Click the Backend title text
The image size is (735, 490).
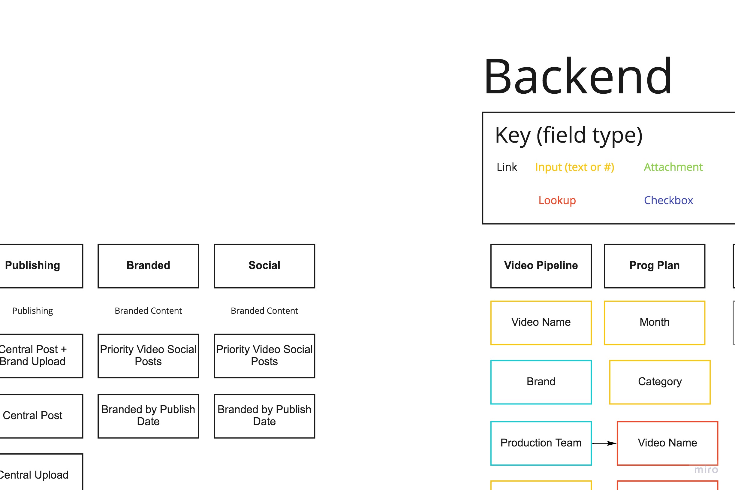click(578, 77)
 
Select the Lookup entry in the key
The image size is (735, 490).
click(557, 200)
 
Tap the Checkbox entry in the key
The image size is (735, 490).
click(668, 200)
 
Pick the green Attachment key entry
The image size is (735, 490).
click(673, 167)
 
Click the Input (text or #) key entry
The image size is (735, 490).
click(574, 167)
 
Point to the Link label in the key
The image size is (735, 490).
click(507, 167)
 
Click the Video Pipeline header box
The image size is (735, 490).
click(541, 266)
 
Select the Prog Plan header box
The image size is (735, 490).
click(654, 266)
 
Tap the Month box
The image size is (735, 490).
click(654, 322)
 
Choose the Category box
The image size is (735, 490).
click(660, 382)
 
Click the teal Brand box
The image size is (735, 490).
click(541, 382)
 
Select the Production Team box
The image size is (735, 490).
click(541, 443)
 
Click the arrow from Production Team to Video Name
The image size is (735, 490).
click(604, 443)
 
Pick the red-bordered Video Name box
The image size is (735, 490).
click(667, 443)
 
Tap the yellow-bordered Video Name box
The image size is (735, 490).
click(541, 322)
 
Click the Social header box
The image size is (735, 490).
click(264, 266)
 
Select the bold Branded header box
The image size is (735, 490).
click(148, 266)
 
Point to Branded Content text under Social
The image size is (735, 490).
click(264, 311)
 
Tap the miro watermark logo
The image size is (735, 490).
click(706, 470)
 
